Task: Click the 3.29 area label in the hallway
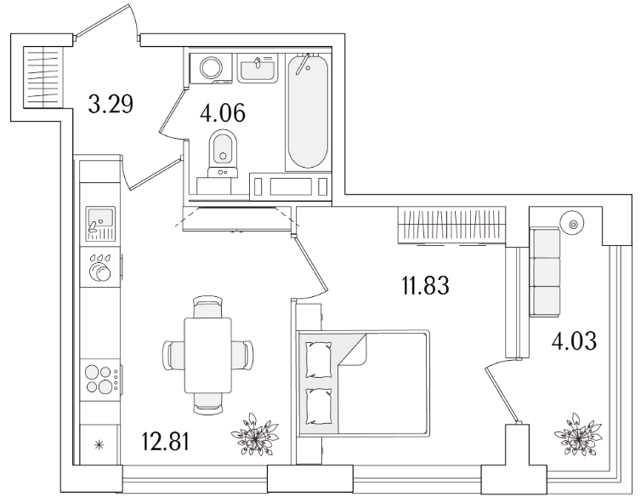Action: pos(111,104)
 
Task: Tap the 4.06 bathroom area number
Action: pos(223,113)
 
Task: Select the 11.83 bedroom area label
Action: pos(426,285)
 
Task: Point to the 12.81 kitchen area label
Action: pos(166,442)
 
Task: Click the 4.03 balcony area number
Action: pos(574,341)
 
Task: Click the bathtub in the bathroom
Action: pos(308,111)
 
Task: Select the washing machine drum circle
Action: pos(212,67)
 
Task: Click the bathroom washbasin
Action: pos(258,68)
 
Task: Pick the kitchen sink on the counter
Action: pos(100,224)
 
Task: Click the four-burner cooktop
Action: pos(100,379)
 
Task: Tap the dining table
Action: pos(208,355)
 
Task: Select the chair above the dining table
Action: pos(208,307)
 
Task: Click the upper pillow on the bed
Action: pos(319,360)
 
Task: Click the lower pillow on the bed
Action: pos(319,407)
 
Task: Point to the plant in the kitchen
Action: pos(254,434)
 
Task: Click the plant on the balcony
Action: pos(577,434)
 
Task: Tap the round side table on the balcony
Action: pos(572,224)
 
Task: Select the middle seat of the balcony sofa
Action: pos(545,272)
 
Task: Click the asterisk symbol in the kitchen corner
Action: pos(99,445)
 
